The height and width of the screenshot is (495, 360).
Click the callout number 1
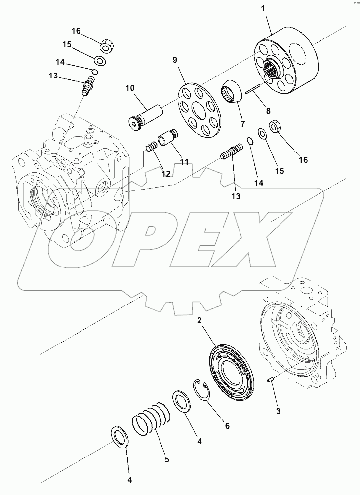point(262,9)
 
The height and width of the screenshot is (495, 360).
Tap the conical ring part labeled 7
point(231,92)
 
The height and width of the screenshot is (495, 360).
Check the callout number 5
point(167,459)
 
